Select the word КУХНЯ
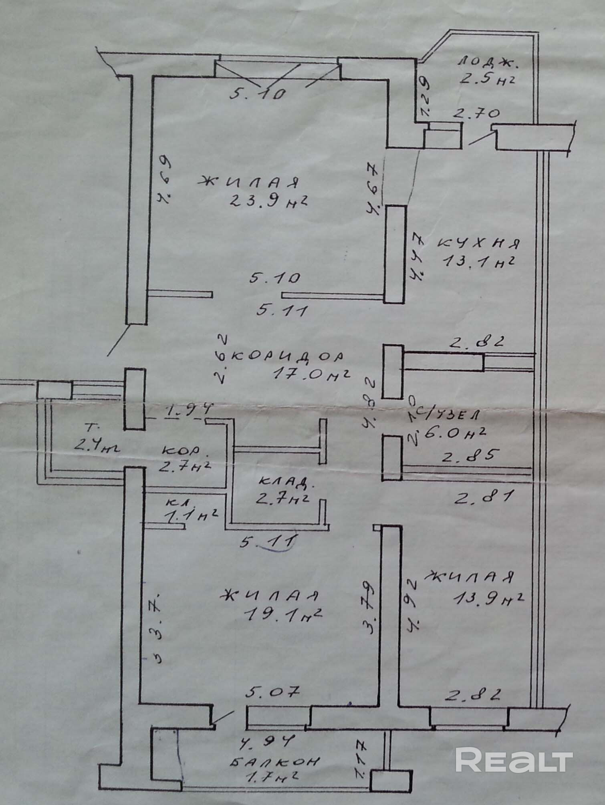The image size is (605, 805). pyautogui.click(x=479, y=244)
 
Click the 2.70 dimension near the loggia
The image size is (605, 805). pyautogui.click(x=476, y=114)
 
